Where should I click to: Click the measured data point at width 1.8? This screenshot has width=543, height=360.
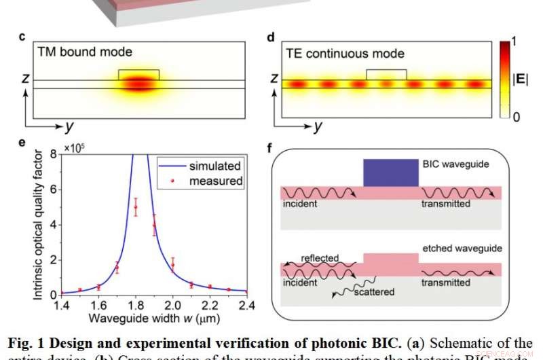click(136, 207)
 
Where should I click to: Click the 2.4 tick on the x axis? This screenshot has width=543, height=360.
click(246, 305)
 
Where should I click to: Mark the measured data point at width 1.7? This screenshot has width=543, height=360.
click(117, 268)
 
